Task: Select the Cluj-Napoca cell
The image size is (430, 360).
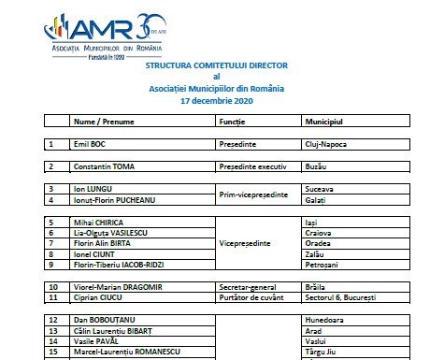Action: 326,145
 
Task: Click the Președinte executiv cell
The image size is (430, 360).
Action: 252,166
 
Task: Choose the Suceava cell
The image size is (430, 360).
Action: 320,188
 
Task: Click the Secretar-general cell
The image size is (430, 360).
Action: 247,285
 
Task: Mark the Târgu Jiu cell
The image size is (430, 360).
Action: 321,353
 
